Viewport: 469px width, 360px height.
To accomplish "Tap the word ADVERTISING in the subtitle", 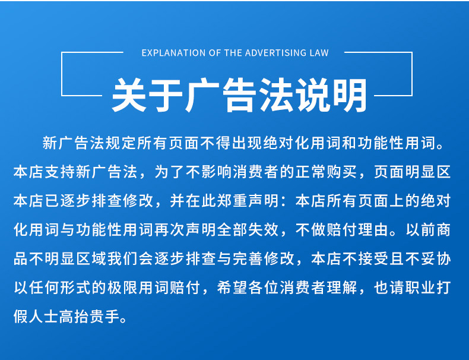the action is click(x=272, y=53).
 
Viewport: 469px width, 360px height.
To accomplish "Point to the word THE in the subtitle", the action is click(x=233, y=53).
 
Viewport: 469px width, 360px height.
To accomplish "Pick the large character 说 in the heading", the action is click(x=312, y=96).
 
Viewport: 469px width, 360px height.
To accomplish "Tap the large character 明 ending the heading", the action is click(x=349, y=96).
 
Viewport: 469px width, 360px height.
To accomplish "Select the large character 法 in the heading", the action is click(x=276, y=96).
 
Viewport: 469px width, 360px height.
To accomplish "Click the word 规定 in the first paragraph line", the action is click(x=121, y=143).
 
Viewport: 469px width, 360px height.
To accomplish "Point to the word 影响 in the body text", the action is click(x=217, y=172).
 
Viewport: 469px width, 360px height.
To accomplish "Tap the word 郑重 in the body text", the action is click(x=232, y=201).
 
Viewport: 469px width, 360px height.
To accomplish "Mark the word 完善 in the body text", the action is click(x=248, y=258).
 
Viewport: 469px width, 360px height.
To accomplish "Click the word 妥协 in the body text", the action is click(x=436, y=258).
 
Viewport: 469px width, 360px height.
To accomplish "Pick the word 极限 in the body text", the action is click(x=123, y=288).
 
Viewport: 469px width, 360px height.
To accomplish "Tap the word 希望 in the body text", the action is click(x=232, y=288).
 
